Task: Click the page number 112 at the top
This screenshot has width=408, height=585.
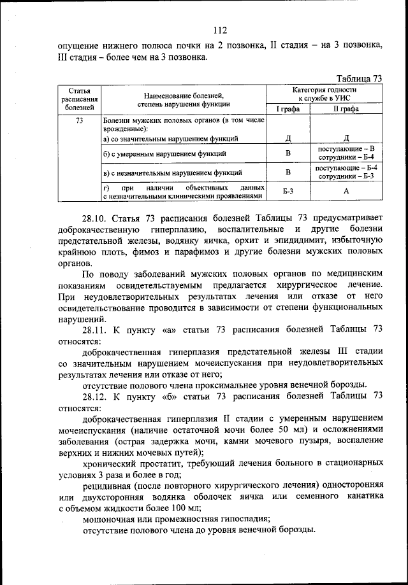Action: click(x=220, y=29)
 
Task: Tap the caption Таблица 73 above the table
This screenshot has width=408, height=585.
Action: click(x=358, y=79)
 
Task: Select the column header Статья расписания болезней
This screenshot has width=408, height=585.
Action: click(x=80, y=99)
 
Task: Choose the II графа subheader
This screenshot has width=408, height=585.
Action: click(x=346, y=109)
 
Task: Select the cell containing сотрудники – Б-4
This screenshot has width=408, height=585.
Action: click(x=346, y=157)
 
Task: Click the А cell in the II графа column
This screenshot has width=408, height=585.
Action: click(x=346, y=190)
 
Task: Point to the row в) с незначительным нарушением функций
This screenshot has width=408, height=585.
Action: click(x=172, y=172)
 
